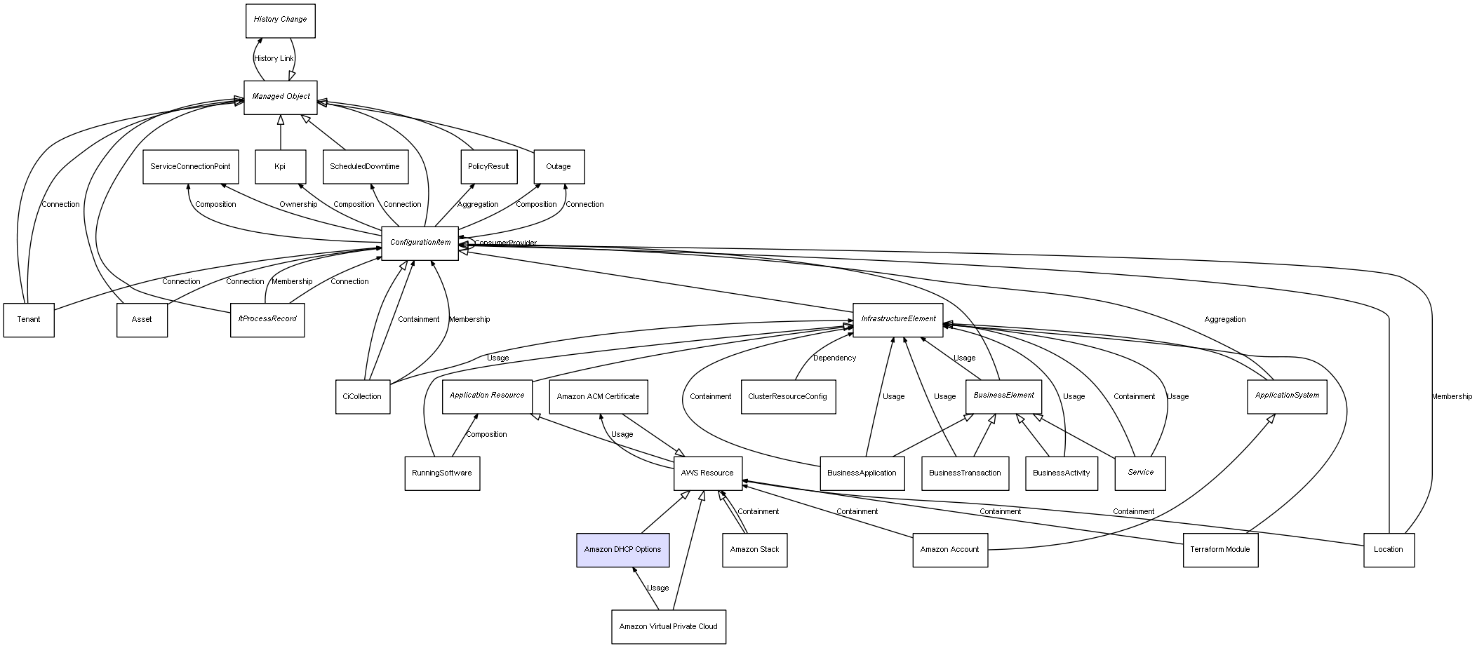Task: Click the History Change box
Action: click(280, 20)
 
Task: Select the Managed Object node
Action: click(281, 97)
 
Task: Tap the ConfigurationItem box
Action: click(420, 243)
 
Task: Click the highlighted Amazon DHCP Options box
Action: click(622, 550)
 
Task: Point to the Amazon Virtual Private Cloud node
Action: click(668, 627)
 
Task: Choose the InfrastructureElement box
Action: click(897, 319)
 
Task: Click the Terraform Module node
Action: click(1219, 550)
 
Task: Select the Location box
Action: click(1388, 550)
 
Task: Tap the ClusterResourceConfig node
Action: click(787, 397)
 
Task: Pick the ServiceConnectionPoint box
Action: click(190, 167)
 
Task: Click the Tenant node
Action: click(29, 320)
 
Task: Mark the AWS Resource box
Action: click(707, 473)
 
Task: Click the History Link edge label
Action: click(274, 59)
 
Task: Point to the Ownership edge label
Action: click(298, 205)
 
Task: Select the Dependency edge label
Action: click(834, 358)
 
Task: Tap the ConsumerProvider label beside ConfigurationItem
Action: click(505, 243)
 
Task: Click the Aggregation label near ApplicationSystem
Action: click(1224, 320)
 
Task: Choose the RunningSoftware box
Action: click(442, 473)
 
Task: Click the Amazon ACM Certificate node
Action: click(598, 397)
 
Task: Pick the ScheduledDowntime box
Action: click(365, 167)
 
